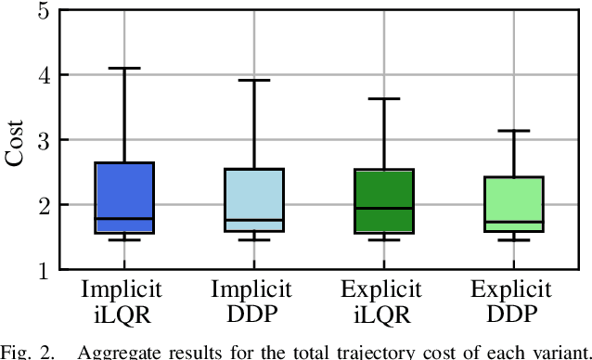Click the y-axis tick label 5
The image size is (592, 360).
click(42, 10)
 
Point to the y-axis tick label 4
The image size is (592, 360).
click(42, 75)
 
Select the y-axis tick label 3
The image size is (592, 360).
click(42, 140)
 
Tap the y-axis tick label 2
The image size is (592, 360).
click(42, 205)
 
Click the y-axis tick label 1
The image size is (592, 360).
click(42, 270)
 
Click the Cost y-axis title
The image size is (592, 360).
click(16, 140)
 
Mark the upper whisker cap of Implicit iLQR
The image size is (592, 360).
click(124, 68)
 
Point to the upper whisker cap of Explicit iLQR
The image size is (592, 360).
click(384, 98)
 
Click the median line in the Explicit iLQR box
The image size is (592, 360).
click(384, 208)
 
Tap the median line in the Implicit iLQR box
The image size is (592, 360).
click(124, 218)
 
